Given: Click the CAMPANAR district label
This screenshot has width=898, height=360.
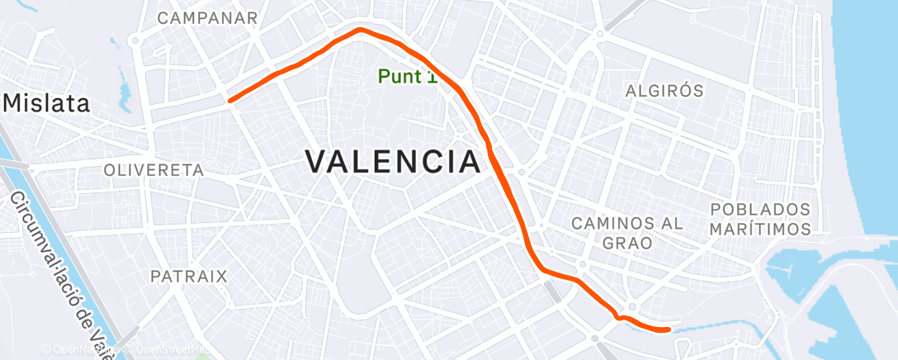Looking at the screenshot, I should point(207,17).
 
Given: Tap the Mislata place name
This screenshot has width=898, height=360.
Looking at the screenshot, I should point(48,103).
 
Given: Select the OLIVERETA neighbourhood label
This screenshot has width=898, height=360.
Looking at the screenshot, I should point(154,169).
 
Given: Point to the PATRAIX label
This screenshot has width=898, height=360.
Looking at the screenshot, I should point(188,276).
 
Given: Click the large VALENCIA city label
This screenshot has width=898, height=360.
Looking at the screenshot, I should point(394,161).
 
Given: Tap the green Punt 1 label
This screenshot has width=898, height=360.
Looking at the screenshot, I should point(407,77).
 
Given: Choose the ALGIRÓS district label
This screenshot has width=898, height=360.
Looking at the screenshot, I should point(664,91).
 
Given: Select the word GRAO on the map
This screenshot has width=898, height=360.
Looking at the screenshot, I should point(628,243).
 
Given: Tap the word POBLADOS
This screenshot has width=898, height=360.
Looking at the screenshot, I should point(760,209).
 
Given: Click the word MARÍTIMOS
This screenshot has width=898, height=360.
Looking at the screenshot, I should point(760,228).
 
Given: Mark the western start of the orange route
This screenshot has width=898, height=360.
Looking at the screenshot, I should point(230,101).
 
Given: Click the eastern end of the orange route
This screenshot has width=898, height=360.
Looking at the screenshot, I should point(667,330).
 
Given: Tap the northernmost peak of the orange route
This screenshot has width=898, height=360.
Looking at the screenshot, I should point(361,31).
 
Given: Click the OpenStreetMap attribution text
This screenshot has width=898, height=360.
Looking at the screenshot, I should point(165,350).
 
